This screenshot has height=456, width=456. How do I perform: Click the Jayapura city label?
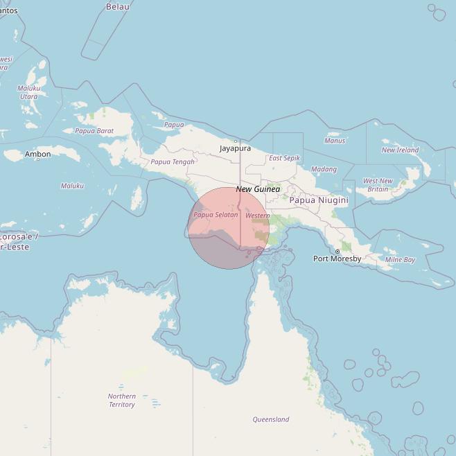click(235, 148)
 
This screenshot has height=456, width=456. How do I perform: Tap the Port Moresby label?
click(337, 259)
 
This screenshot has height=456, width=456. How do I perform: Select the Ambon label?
click(37, 154)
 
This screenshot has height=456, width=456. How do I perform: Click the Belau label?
click(117, 6)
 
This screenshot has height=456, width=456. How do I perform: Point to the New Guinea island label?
click(258, 189)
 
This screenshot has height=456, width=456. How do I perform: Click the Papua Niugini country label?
click(318, 200)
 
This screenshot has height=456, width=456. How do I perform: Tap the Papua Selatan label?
click(216, 215)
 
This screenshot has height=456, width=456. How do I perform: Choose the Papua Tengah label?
click(173, 162)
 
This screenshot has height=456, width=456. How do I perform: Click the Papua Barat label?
click(94, 131)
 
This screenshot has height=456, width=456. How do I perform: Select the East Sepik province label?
click(284, 159)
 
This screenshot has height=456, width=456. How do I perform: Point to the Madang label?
click(324, 169)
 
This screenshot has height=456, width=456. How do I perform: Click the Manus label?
click(335, 141)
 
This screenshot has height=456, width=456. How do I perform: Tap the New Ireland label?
click(400, 150)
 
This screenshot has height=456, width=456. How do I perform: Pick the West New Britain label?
click(378, 185)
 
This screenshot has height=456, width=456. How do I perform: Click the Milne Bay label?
click(400, 260)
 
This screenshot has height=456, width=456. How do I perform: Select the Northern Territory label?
click(121, 401)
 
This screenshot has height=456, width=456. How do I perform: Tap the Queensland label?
click(270, 419)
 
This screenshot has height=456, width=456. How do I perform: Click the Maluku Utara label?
click(29, 92)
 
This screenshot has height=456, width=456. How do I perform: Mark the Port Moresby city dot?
click(337, 251)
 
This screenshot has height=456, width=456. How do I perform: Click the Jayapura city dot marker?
click(236, 141)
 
